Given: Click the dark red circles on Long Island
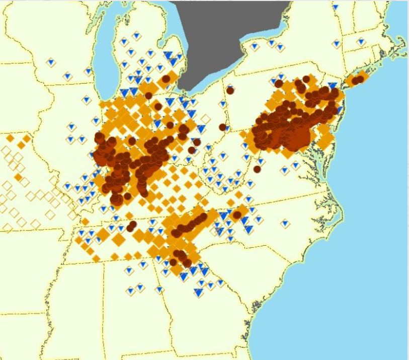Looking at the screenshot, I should [x=359, y=80].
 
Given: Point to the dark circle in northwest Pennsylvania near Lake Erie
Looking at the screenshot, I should [x=230, y=91].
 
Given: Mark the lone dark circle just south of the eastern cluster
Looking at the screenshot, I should [x=257, y=169].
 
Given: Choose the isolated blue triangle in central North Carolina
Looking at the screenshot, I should [x=285, y=223].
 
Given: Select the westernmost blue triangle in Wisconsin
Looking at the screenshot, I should [x=50, y=62].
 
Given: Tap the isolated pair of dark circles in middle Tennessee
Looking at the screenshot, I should [x=131, y=226].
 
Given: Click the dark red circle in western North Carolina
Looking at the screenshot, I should [x=236, y=215].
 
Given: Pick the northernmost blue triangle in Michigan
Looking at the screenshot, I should [x=135, y=36].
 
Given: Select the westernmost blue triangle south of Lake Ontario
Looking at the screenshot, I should [x=255, y=46].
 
